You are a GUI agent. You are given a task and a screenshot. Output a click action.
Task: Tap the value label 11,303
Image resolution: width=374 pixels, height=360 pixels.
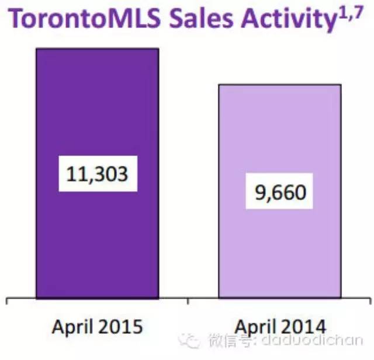98,174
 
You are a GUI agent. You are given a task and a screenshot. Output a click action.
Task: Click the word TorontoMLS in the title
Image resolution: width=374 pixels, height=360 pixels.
86,19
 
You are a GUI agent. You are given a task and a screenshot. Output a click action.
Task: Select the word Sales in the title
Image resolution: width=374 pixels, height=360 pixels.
201,19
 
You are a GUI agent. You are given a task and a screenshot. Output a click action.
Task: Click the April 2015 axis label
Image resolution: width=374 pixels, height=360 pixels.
98,327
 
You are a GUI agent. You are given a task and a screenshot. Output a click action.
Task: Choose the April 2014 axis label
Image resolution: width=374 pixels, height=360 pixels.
280,327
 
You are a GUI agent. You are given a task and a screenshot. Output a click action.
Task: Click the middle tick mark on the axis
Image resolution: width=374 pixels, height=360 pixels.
188,301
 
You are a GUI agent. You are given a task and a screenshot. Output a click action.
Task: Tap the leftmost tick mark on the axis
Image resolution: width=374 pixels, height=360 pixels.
6,301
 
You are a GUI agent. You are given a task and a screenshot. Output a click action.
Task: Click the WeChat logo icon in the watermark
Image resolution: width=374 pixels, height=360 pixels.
189,341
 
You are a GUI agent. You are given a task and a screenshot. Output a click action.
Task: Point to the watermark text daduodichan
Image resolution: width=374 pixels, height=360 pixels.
312,340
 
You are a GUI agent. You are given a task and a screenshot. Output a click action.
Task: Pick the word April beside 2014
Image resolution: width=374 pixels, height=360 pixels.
255,327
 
